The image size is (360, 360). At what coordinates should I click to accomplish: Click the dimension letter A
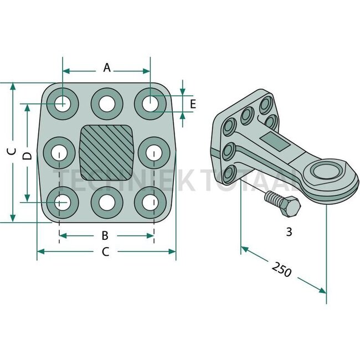[x=107, y=68]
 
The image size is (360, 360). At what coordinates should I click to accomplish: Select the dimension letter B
[x=105, y=236]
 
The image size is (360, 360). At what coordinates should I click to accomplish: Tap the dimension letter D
[x=26, y=156]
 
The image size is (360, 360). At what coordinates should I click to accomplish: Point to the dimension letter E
[x=192, y=104]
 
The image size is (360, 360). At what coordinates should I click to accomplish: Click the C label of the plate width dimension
[x=106, y=253]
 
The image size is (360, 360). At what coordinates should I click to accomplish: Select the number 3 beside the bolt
[x=289, y=232]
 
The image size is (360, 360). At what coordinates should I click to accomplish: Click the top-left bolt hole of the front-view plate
[x=62, y=103]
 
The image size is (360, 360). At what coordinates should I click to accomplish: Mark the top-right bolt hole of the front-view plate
[x=150, y=103]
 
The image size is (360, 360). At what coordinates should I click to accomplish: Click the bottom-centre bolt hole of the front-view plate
[x=106, y=203]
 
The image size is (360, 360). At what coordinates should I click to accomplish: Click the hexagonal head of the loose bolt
[x=290, y=209]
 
